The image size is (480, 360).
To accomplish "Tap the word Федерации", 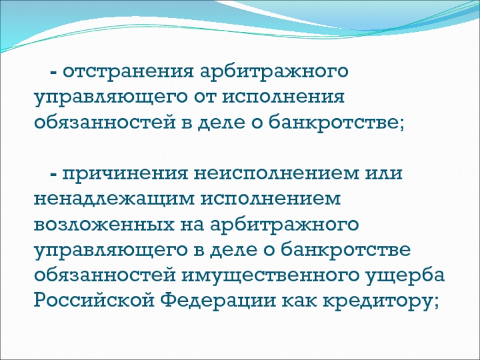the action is [x=218, y=301].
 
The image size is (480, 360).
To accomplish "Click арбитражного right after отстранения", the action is [x=274, y=72].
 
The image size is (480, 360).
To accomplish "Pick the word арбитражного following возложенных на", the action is [x=284, y=224].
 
